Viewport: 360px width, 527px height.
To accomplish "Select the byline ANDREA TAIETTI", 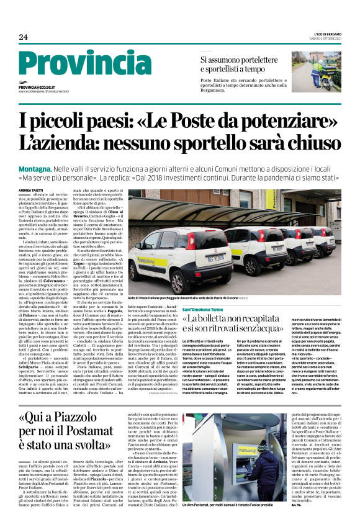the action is (30, 171).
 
